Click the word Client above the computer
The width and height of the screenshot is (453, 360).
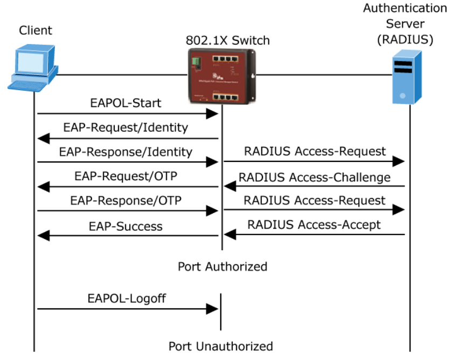36,30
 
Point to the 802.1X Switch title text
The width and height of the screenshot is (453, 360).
228,40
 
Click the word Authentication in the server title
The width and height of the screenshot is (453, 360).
405,8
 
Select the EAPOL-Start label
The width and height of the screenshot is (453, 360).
125,102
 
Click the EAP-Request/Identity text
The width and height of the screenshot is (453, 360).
126,128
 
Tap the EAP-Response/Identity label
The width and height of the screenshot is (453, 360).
126,152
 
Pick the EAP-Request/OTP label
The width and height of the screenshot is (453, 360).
126,177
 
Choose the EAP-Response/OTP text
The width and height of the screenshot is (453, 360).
126,201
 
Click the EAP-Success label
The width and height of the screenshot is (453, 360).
126,227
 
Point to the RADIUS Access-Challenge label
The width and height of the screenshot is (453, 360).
315,177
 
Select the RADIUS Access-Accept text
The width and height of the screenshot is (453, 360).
314,224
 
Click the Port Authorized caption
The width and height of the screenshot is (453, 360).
222,266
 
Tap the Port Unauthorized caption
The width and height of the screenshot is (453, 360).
221,346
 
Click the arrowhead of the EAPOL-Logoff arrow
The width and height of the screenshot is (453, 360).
213,309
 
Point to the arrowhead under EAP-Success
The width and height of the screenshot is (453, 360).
43,235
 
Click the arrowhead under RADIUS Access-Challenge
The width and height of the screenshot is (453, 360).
230,187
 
